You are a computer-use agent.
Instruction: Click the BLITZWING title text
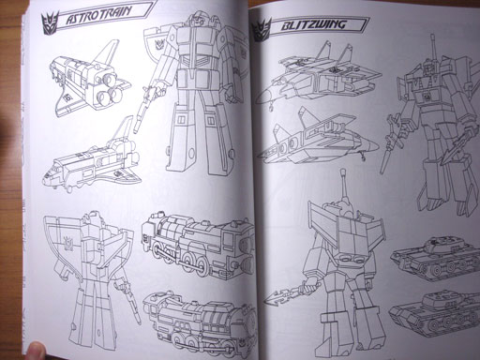pyautogui.click(x=313, y=25)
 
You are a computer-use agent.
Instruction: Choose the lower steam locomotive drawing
pyautogui.click(x=200, y=322)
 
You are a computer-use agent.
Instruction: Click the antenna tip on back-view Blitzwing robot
pyautogui.click(x=343, y=172)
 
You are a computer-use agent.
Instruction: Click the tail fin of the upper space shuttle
pyautogui.click(x=106, y=52)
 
